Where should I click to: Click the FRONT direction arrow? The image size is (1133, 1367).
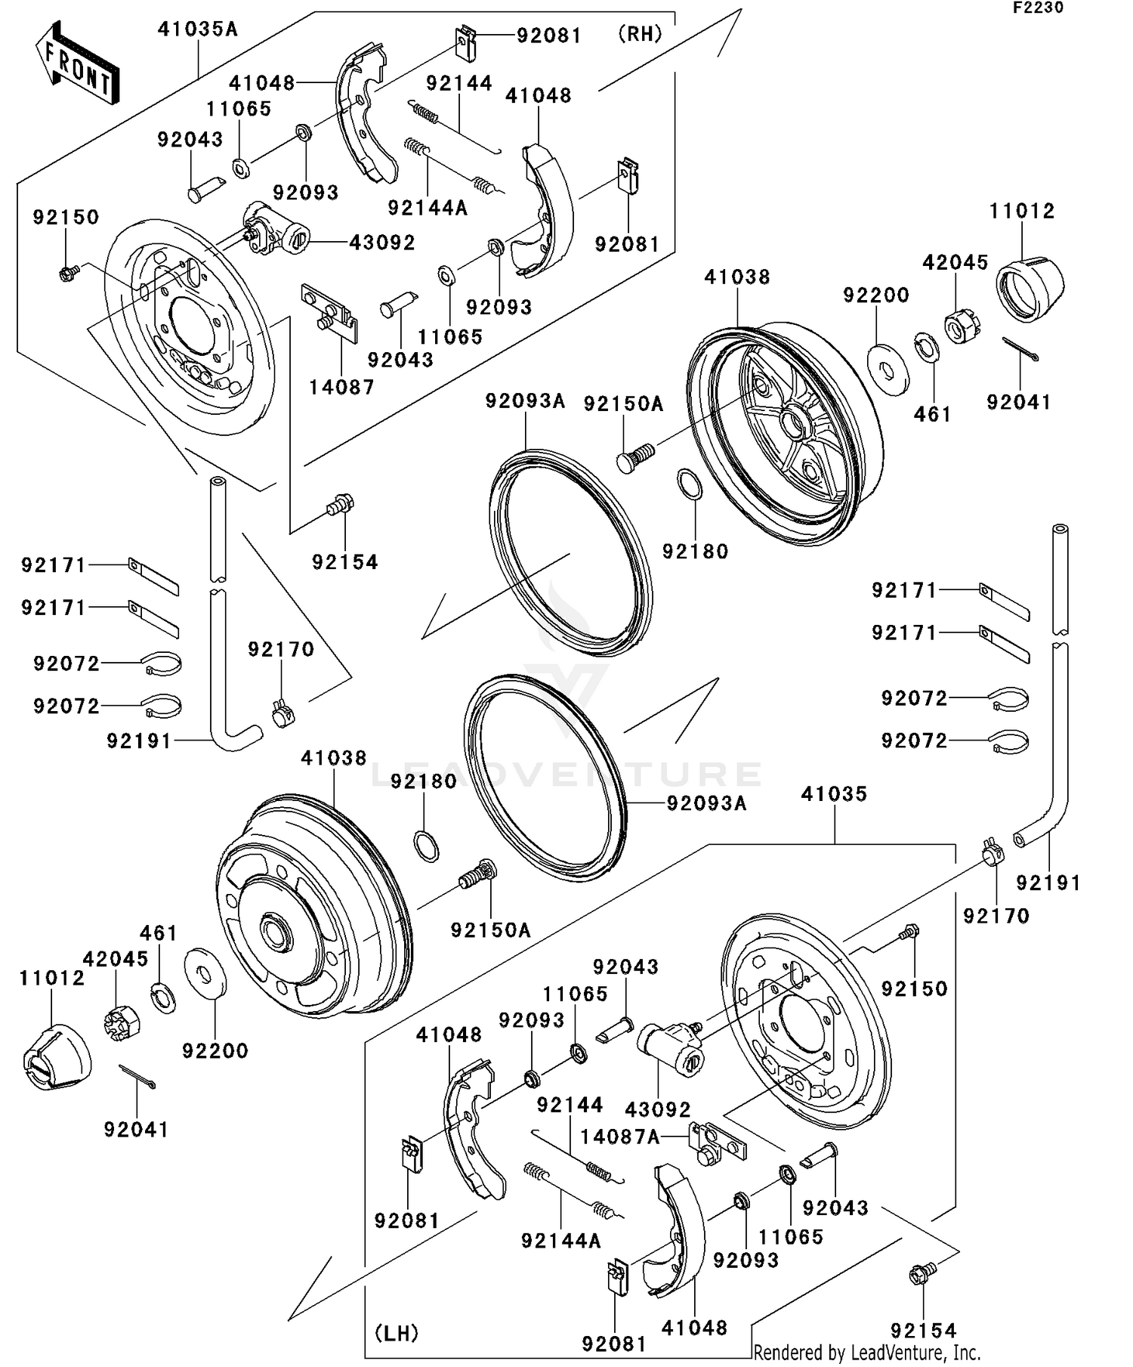[78, 65]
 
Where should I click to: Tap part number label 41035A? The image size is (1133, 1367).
[198, 29]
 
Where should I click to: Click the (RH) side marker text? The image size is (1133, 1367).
[640, 34]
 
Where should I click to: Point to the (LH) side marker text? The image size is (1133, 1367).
[397, 1333]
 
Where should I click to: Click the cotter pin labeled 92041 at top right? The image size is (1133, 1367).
[1021, 349]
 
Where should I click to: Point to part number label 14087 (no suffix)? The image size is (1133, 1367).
[341, 388]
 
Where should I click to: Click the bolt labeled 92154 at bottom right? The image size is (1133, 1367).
[922, 1274]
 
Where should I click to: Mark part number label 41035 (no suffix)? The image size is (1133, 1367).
[834, 794]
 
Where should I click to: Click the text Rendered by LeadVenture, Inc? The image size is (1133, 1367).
[866, 1352]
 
